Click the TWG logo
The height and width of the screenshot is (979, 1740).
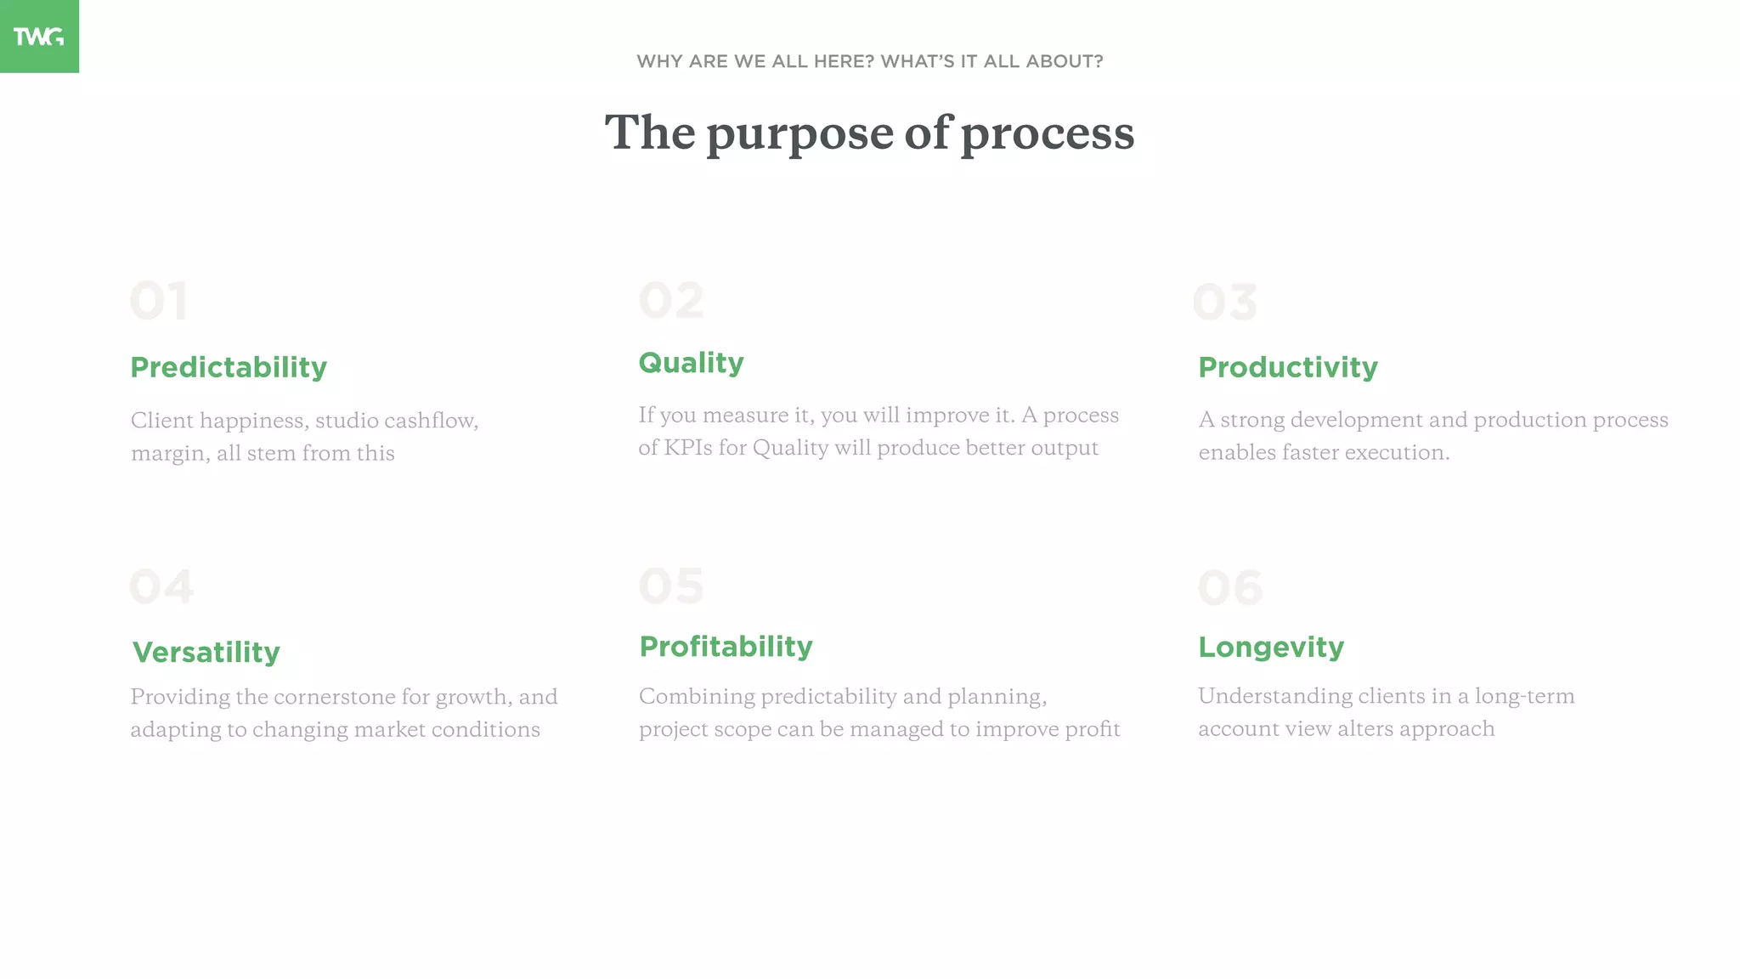(x=39, y=37)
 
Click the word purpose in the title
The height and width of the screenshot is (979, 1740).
(x=799, y=134)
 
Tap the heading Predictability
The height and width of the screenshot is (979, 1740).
(x=229, y=367)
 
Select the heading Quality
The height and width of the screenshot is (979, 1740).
(x=691, y=363)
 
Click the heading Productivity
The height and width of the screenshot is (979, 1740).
(x=1288, y=367)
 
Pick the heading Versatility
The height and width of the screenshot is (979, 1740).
(x=206, y=652)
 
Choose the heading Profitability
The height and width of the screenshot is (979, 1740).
(x=726, y=647)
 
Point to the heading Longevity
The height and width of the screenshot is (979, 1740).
(x=1271, y=647)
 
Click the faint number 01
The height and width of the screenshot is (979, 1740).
(x=159, y=301)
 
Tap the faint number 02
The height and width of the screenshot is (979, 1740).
(x=671, y=301)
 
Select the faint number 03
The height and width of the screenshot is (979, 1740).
(x=1224, y=303)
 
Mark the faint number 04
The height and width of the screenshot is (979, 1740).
(x=161, y=587)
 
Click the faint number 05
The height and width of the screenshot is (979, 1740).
(x=671, y=586)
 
